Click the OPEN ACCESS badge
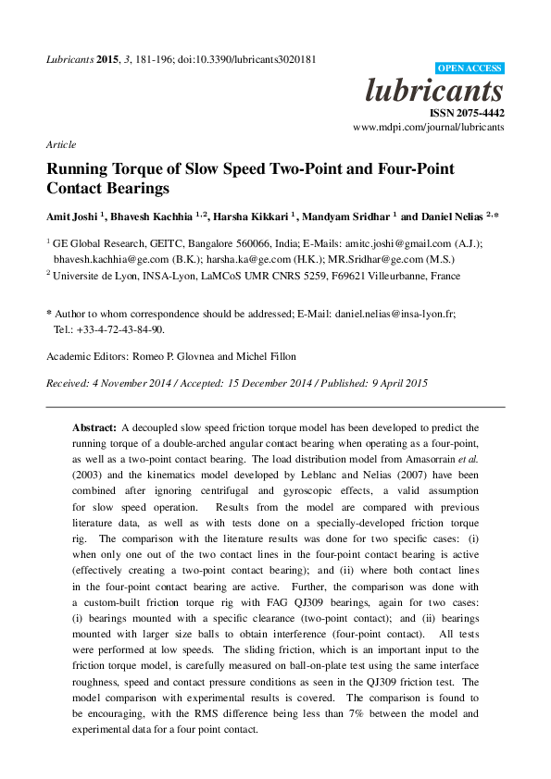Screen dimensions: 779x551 pyautogui.click(x=470, y=68)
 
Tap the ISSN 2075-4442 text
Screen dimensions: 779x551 pyautogui.click(x=466, y=112)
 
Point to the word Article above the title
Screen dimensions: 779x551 pyautogui.click(x=60, y=145)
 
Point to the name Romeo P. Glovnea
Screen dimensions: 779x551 pyautogui.click(x=174, y=356)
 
